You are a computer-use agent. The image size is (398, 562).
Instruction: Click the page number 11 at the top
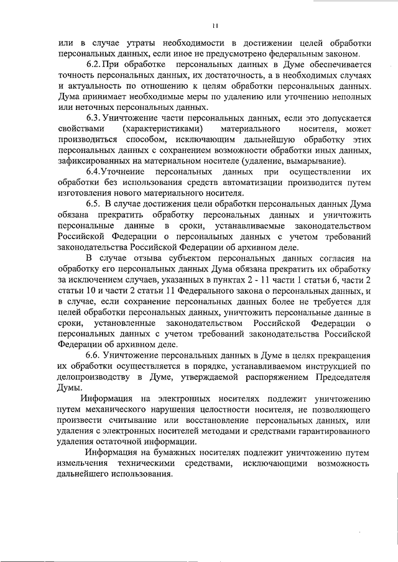[x=214, y=25]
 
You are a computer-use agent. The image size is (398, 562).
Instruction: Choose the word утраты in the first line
[x=132, y=43]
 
